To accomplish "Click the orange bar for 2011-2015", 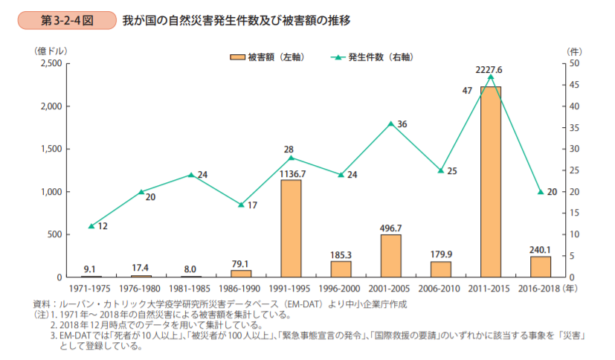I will point(490,181).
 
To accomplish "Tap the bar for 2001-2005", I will point(390,256).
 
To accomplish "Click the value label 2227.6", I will point(489,70).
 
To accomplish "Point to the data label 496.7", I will point(390,228).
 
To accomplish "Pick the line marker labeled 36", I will point(390,123).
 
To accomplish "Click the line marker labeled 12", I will point(91,226).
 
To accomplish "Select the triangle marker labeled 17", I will point(241,205).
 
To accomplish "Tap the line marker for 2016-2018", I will point(541,192).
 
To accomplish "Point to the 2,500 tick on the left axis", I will point(50,63).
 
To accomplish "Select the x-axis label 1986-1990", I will point(240,287).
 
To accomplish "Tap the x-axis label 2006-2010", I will point(440,287).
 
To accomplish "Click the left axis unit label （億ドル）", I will point(50,51).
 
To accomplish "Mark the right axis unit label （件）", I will point(573,51).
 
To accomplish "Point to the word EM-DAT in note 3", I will point(71,337).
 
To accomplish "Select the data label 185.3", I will point(341,254).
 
